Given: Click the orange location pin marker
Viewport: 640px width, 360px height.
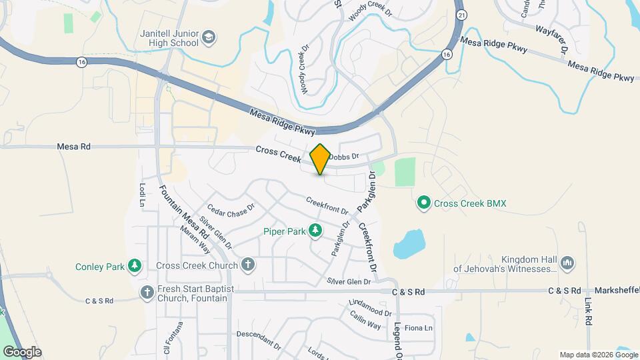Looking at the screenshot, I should point(320,159).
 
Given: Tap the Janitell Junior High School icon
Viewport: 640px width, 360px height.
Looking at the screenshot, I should point(209,36).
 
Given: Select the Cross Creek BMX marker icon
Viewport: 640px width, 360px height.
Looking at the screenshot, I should point(423,203).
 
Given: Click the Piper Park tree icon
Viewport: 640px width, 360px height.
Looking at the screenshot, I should point(315,231).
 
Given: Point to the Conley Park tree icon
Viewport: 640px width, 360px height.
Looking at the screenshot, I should point(135,267).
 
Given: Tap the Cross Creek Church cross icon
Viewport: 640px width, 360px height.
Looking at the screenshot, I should point(248,265).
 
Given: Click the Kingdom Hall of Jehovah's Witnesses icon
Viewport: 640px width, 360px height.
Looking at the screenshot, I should point(567,263).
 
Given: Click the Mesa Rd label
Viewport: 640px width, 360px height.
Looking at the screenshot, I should point(73,146).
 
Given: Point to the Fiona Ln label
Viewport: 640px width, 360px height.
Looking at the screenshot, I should point(419,328).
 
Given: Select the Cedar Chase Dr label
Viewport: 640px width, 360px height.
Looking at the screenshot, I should point(231,210).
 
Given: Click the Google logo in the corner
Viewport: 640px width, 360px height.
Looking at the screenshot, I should point(21,352).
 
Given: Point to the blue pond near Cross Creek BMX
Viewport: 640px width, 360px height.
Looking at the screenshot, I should point(409,244).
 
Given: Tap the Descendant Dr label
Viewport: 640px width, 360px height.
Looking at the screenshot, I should point(259,340).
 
